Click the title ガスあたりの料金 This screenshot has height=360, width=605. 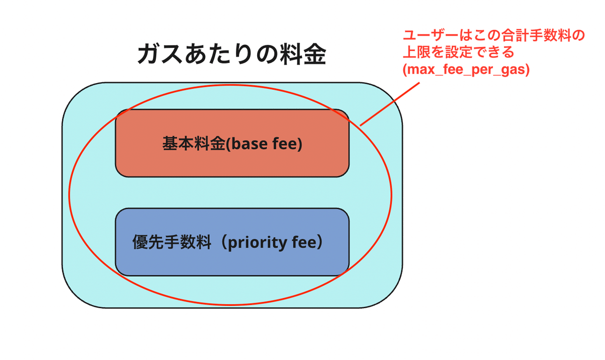231,54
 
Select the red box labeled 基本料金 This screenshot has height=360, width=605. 232,161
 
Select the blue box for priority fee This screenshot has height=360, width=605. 232,262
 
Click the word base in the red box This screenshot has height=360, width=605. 245,144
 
